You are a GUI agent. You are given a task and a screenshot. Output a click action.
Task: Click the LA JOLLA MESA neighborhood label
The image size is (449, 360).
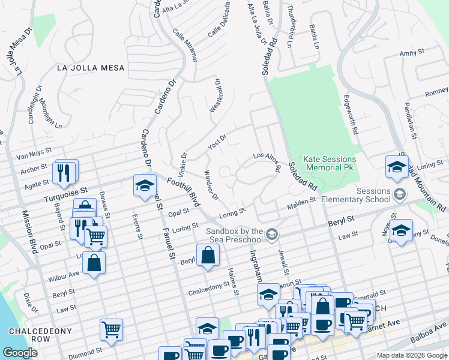91,68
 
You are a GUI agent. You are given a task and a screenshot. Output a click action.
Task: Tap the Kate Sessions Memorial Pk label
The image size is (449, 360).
330,164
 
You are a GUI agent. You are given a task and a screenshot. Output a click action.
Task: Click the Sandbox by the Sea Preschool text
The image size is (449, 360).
235,235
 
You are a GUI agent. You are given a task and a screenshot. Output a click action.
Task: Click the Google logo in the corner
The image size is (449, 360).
20,353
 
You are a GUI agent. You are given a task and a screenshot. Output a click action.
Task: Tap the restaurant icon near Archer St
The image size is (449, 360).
65,172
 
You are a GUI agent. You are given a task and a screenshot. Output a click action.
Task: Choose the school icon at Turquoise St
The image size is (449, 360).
145,186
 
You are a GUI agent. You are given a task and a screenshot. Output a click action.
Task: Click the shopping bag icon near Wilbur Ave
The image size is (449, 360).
94,263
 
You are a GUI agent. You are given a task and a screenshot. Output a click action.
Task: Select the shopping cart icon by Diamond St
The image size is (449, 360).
112,329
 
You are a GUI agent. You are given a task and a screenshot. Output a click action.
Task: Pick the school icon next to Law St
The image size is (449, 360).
401,230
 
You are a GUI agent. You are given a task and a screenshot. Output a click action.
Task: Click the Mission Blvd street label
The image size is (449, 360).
28,231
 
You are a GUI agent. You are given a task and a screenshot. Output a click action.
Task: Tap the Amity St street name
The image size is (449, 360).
412,53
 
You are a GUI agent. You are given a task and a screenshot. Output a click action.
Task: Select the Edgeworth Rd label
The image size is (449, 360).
350,114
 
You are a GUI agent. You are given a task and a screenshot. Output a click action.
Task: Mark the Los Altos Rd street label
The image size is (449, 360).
267,161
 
